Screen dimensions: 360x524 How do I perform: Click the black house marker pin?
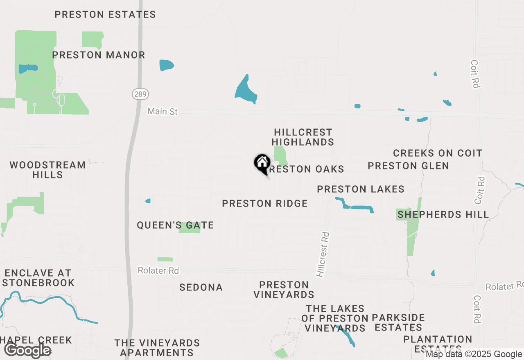pyautogui.click(x=262, y=164)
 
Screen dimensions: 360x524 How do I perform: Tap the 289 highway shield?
pyautogui.click(x=140, y=94)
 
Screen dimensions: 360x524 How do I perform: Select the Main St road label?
pyautogui.click(x=163, y=111)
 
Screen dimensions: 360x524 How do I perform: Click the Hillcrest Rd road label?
pyautogui.click(x=323, y=255)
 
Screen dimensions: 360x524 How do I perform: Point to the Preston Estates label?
pyautogui.click(x=105, y=15)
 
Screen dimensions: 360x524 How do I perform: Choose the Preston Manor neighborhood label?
pyautogui.click(x=99, y=55)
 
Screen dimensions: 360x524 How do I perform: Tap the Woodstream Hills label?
pyautogui.click(x=47, y=170)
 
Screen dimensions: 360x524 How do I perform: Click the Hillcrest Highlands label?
pyautogui.click(x=303, y=137)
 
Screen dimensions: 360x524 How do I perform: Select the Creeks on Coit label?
pyautogui.click(x=438, y=153)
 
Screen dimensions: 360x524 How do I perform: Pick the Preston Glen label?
pyautogui.click(x=408, y=166)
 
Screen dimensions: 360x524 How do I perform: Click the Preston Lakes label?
pyautogui.click(x=361, y=189)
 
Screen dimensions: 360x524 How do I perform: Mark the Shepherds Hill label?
pyautogui.click(x=443, y=214)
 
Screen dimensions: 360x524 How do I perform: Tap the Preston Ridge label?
pyautogui.click(x=265, y=203)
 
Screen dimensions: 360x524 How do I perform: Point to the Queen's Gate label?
pyautogui.click(x=175, y=225)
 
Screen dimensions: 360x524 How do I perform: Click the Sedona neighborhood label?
pyautogui.click(x=201, y=287)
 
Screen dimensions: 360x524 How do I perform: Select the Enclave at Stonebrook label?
pyautogui.click(x=38, y=278)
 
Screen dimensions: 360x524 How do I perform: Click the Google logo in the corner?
pyautogui.click(x=27, y=350)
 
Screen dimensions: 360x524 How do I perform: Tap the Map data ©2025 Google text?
pyautogui.click(x=474, y=354)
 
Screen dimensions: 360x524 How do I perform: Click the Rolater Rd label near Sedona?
pyautogui.click(x=158, y=270)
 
